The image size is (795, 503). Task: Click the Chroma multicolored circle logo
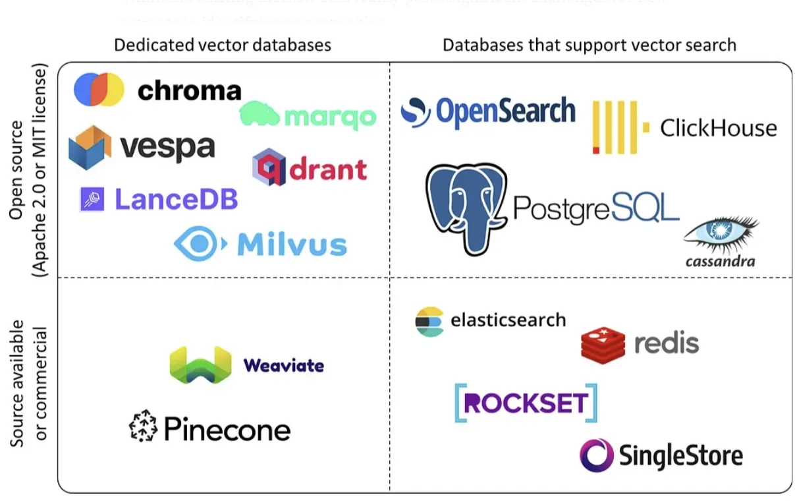[x=99, y=90]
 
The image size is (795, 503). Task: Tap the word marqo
[x=330, y=117]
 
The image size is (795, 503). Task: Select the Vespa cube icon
[x=90, y=147]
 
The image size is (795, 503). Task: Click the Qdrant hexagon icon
[x=269, y=167]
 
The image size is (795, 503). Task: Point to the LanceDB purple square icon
[x=92, y=199]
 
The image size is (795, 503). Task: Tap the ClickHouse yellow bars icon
[x=615, y=127]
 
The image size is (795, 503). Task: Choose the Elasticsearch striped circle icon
[x=429, y=322]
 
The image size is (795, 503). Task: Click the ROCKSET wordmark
[x=526, y=403]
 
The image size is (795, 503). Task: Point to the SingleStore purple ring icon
[x=597, y=456]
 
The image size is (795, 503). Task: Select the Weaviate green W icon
[x=200, y=365]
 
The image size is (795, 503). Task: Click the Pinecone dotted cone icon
[x=144, y=428]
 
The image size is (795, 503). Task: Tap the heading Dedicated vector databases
[x=222, y=45]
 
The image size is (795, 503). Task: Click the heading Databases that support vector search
[x=589, y=45]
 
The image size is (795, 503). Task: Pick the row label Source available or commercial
[x=28, y=384]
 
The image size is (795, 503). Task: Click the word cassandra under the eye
[x=720, y=261]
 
